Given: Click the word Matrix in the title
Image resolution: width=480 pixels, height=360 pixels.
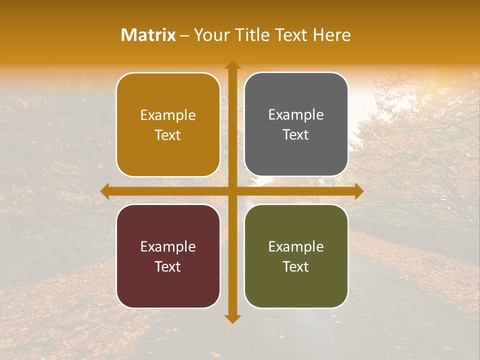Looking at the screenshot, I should pos(148,35).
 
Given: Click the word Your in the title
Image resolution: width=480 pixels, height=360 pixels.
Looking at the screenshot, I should pos(209,35).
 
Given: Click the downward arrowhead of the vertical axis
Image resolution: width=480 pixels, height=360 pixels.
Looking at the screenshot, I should pos(232,318).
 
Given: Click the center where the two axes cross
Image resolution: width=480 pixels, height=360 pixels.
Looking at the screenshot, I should pos(232,191).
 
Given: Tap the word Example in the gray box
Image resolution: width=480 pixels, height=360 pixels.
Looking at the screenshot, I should pos(296,115).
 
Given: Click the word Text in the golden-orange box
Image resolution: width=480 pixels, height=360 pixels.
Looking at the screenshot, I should pos(168,135).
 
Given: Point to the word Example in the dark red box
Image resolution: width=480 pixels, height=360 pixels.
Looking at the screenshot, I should pos(168,246).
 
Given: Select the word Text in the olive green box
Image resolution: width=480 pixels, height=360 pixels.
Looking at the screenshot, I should pos(296,266).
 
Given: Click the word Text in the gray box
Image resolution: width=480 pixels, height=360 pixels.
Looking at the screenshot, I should pos(296,135).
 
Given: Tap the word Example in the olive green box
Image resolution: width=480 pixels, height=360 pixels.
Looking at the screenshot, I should pos(296,246).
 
